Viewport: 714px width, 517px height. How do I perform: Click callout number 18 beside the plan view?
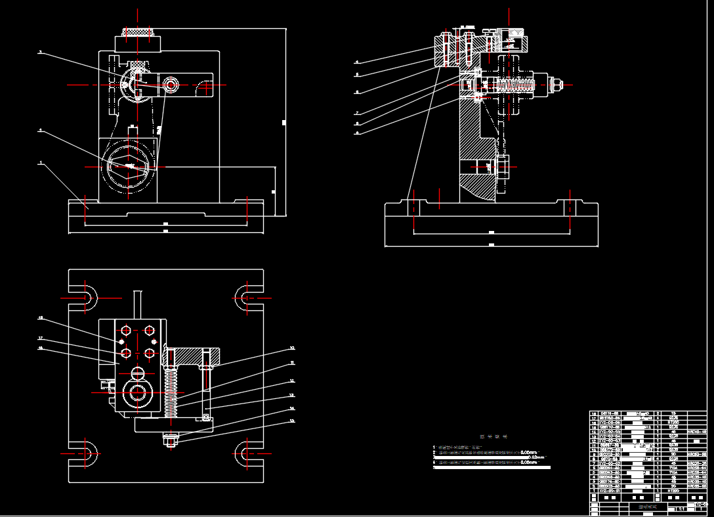pos(41,318)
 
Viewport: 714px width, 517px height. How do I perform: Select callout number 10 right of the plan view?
pos(292,348)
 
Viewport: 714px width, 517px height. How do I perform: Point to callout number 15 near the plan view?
pos(292,421)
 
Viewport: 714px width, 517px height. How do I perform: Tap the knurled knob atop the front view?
pos(138,31)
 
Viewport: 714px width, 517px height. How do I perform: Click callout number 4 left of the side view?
pos(357,62)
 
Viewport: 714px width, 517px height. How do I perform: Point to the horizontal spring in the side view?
pos(516,85)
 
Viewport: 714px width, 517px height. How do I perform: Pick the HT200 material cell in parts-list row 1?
pos(672,489)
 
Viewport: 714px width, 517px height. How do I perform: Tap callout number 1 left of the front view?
pos(41,162)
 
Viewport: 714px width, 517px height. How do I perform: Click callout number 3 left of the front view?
pos(41,52)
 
